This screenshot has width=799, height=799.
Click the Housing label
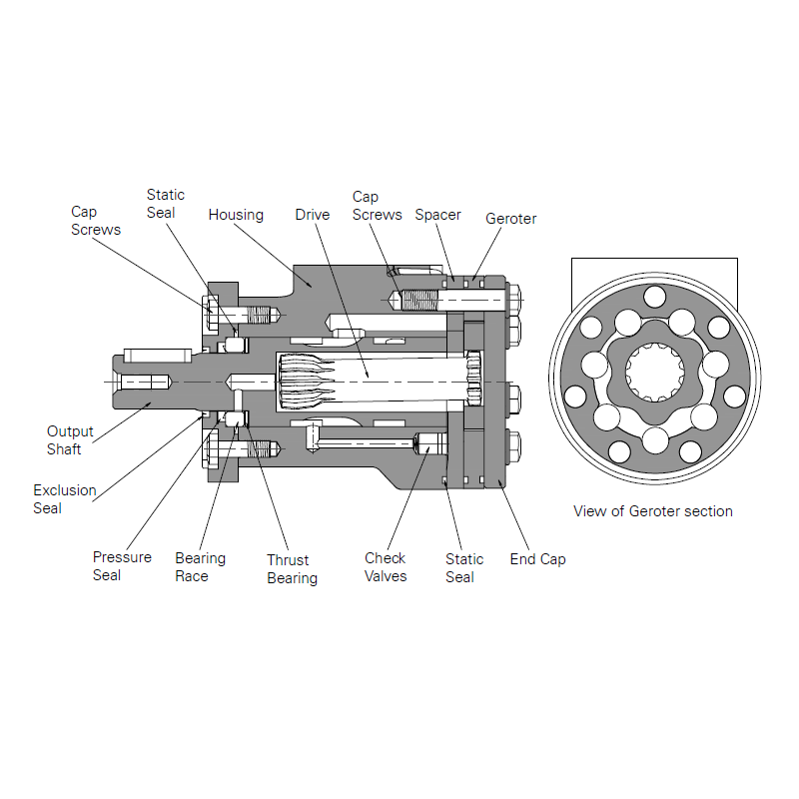coord(236,215)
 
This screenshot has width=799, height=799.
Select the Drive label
coord(312,215)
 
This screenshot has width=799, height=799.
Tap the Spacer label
coord(437,215)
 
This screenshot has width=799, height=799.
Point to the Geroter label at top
coord(510,219)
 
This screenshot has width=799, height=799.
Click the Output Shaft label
coord(70,440)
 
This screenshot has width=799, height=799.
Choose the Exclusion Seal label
coord(64,499)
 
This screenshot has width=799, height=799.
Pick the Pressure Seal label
coord(122,566)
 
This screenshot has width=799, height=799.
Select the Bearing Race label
coord(200,567)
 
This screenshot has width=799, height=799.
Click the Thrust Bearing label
coord(292,569)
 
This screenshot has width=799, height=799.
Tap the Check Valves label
coord(386,567)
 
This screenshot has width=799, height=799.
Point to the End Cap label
coord(537,559)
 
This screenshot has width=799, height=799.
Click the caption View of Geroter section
coord(652,511)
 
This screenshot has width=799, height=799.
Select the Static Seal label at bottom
coord(464,568)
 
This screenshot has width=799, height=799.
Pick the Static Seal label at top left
coord(165,204)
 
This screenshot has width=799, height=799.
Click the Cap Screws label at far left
coord(96,221)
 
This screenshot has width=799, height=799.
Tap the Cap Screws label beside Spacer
coord(377,206)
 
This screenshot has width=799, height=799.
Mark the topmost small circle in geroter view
coord(654,296)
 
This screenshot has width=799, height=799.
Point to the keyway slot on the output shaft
coord(158,355)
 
